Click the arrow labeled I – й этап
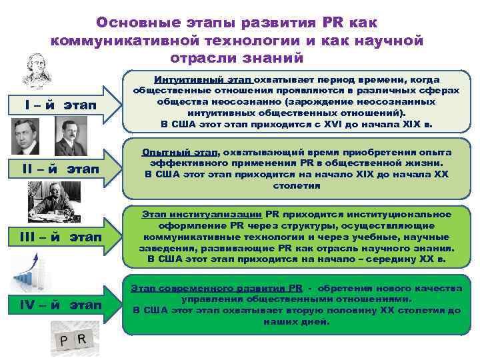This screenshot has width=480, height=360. pyautogui.click(x=60, y=106)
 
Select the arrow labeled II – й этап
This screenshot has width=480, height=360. pyautogui.click(x=60, y=171)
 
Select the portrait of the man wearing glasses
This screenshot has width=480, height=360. pyautogui.click(x=25, y=136)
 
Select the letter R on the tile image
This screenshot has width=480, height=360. pyautogui.click(x=81, y=339)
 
